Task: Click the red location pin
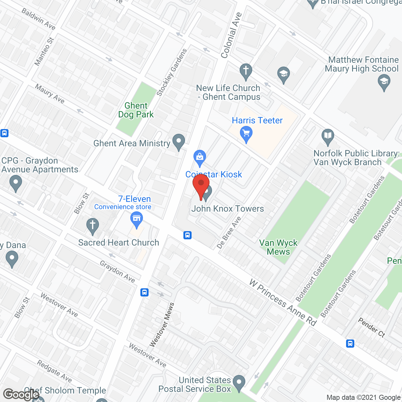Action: click(x=201, y=186)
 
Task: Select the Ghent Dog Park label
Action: click(x=136, y=110)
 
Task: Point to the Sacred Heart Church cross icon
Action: click(x=93, y=226)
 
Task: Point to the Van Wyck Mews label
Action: click(x=278, y=247)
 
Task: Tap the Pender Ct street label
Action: click(x=372, y=327)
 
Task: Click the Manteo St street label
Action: click(x=44, y=52)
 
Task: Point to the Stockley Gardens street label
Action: click(x=172, y=73)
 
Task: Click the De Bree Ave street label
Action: click(x=229, y=233)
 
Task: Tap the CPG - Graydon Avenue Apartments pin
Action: click(x=15, y=183)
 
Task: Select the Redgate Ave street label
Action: click(x=54, y=371)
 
